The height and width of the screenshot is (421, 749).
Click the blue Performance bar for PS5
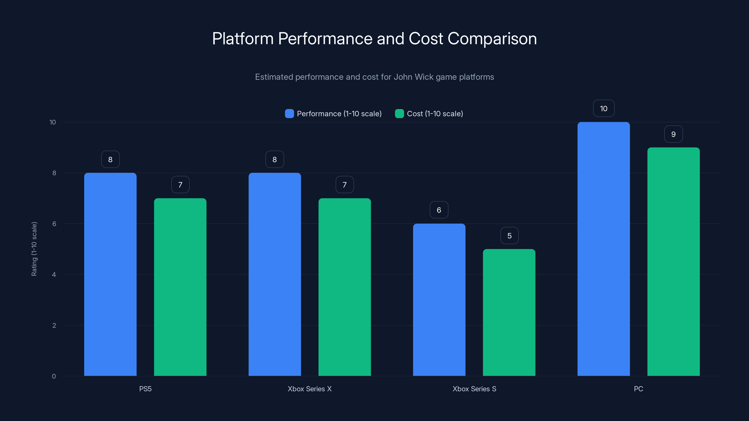coord(110,274)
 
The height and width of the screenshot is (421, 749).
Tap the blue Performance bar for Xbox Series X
coord(275,274)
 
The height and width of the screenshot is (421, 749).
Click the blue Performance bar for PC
coord(603,249)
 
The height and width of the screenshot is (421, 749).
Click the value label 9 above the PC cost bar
coord(673,134)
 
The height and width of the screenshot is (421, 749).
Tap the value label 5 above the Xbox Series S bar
coord(509,236)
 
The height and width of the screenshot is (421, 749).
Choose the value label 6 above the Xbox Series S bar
coord(439,210)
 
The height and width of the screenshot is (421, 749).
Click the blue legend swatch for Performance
coord(289,114)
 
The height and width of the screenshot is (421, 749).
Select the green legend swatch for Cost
coord(399,114)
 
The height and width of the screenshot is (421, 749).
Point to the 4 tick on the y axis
coord(54,275)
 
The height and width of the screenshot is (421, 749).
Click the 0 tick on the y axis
coord(54,376)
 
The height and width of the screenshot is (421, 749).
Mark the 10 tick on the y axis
coord(53,122)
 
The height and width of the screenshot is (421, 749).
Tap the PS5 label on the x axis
coord(145,389)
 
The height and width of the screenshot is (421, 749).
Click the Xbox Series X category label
coord(310,389)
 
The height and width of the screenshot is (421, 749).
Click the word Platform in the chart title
coord(243,39)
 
